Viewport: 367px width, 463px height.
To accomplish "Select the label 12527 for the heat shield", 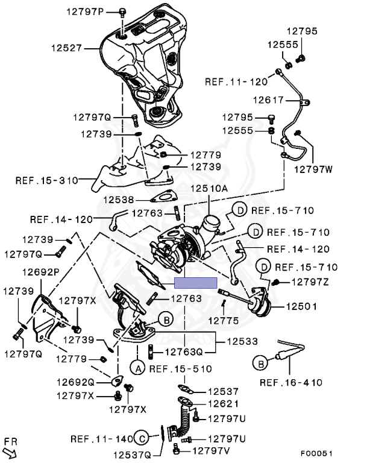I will (x=81, y=48).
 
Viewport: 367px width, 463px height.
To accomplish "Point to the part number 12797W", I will (x=313, y=169).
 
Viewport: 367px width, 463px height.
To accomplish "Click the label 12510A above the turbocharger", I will (x=209, y=188).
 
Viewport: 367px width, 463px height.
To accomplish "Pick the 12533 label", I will (x=242, y=341).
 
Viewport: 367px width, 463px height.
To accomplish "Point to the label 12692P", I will (x=42, y=272).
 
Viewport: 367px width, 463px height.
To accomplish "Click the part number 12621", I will (x=224, y=404).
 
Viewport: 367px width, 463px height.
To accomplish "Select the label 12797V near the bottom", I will (x=210, y=449).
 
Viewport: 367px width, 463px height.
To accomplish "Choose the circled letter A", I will (x=137, y=367).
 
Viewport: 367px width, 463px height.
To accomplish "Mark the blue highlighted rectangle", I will (x=195, y=283).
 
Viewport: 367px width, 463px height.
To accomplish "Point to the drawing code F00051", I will (x=316, y=453).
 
